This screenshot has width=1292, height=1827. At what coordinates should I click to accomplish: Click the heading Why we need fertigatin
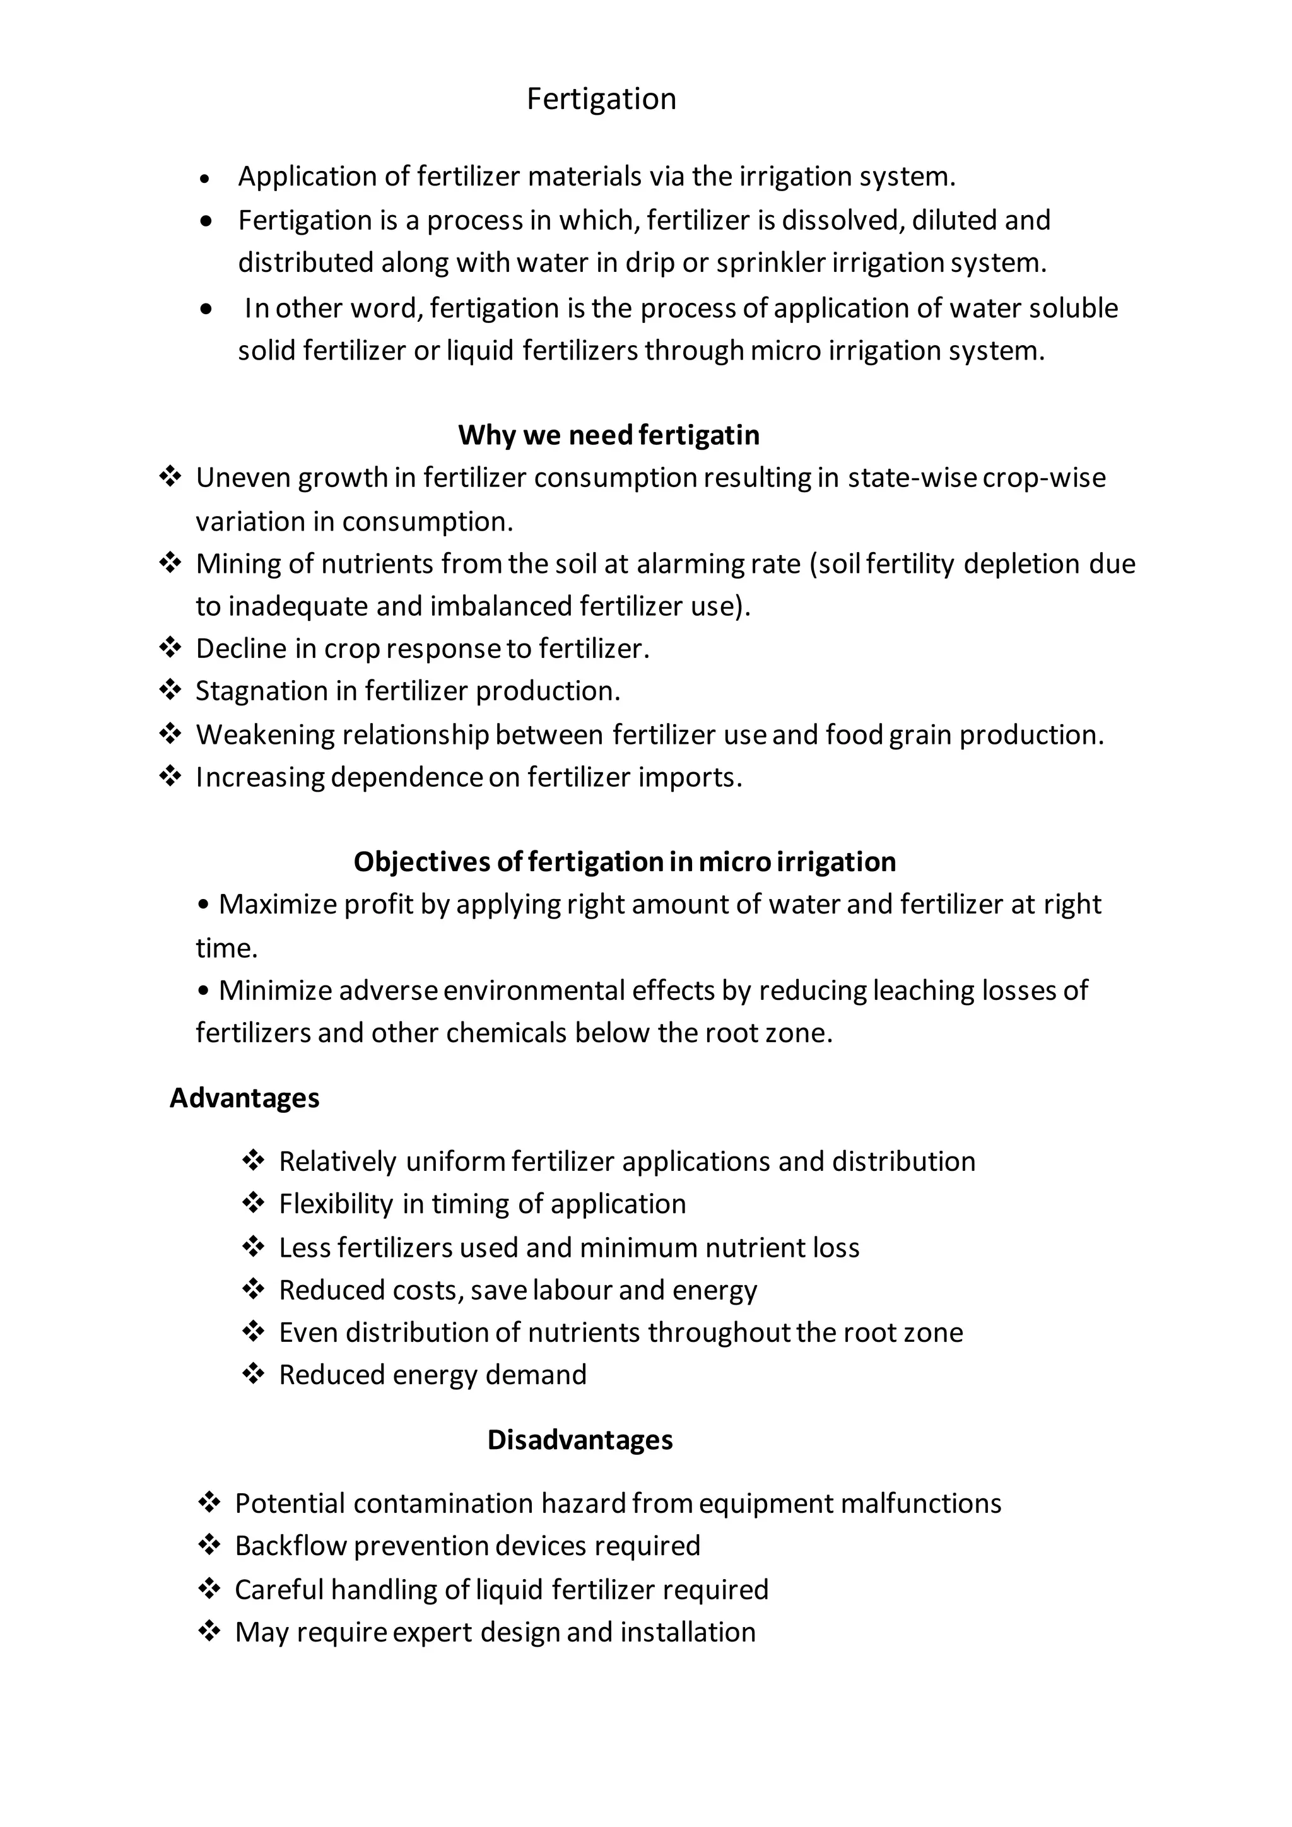pos(609,435)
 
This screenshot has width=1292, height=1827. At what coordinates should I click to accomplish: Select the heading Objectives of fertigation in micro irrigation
pos(625,862)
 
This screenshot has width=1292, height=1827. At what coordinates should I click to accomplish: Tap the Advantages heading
pos(244,1098)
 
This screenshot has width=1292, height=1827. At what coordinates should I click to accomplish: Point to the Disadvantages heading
pos(580,1440)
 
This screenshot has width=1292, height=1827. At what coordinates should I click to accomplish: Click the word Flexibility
pos(336,1205)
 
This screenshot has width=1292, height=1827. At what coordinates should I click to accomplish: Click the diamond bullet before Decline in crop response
pos(170,648)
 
